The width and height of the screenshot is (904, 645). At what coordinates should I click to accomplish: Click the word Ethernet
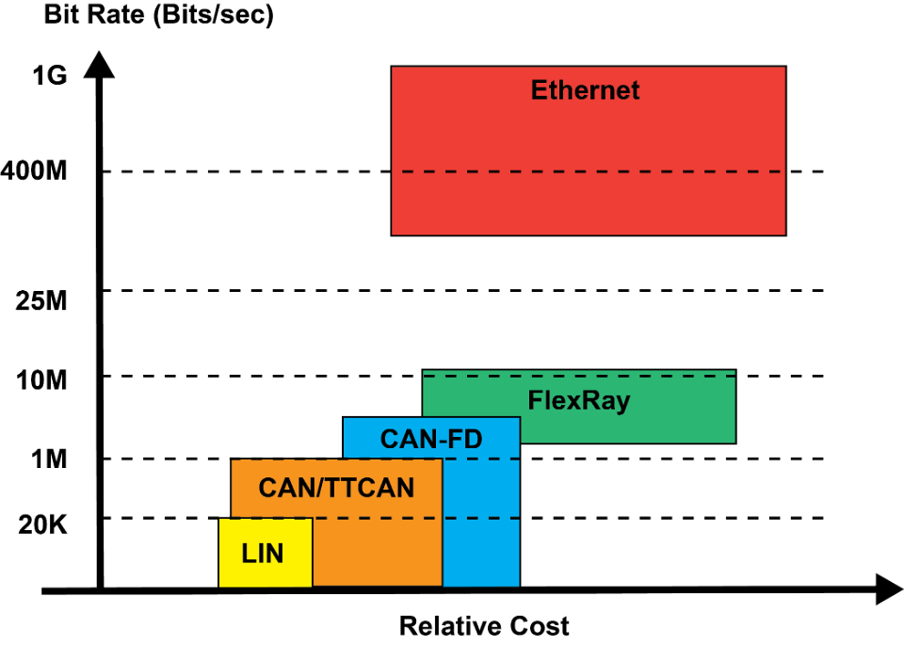pyautogui.click(x=585, y=90)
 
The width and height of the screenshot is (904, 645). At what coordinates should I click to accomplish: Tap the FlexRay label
pyautogui.click(x=578, y=400)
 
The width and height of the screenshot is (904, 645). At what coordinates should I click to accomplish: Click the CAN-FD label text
pyautogui.click(x=430, y=439)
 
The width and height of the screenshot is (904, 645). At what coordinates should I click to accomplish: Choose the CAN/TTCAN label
pyautogui.click(x=336, y=488)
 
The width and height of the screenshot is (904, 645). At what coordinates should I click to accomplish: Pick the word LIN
pyautogui.click(x=262, y=554)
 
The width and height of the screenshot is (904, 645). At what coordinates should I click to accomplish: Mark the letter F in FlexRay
pyautogui.click(x=535, y=400)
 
